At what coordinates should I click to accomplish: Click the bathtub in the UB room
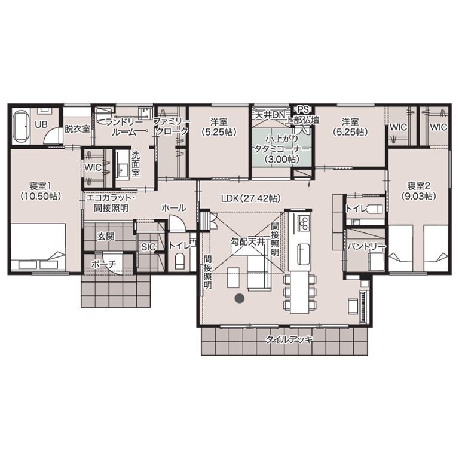tap(21, 126)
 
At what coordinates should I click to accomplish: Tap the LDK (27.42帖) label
tap(251, 198)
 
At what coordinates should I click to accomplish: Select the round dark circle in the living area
tap(240, 298)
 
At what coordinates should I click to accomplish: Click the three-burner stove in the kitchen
tap(304, 223)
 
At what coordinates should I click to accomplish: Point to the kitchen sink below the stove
tap(304, 255)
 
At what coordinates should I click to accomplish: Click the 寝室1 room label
tap(41, 191)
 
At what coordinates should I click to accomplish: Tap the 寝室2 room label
tap(419, 191)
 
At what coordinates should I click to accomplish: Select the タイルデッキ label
tap(289, 340)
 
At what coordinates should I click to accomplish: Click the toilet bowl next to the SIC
tap(179, 261)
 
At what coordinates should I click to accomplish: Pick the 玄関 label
tap(106, 237)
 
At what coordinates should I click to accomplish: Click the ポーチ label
tap(103, 264)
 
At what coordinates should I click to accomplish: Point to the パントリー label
tap(366, 246)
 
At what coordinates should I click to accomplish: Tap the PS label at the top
tap(303, 110)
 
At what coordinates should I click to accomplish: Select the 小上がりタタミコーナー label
tap(281, 149)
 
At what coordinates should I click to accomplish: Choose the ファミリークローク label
tap(172, 126)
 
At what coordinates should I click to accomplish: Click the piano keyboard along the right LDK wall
tap(365, 307)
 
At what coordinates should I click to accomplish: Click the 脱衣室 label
tap(77, 128)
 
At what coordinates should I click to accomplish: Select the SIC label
tap(148, 247)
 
